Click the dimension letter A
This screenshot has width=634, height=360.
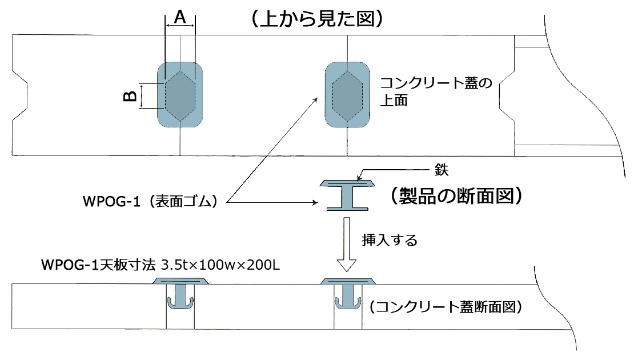tap(180, 18)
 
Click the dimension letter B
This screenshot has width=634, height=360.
tap(130, 96)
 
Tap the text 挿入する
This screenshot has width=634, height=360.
tap(390, 239)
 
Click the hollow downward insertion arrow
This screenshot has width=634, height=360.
tap(347, 243)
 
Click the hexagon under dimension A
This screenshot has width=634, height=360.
tap(180, 95)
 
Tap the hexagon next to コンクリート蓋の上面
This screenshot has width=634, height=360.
tap(347, 95)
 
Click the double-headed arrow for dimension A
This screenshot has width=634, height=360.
tap(180, 26)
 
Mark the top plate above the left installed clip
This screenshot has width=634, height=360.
tap(180, 281)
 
